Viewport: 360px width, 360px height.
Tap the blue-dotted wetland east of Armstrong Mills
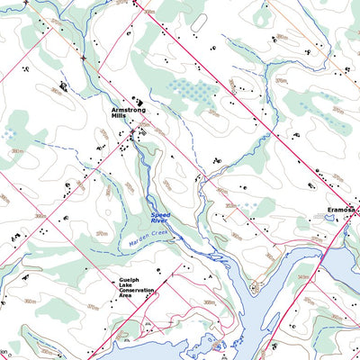click(x=192, y=90)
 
